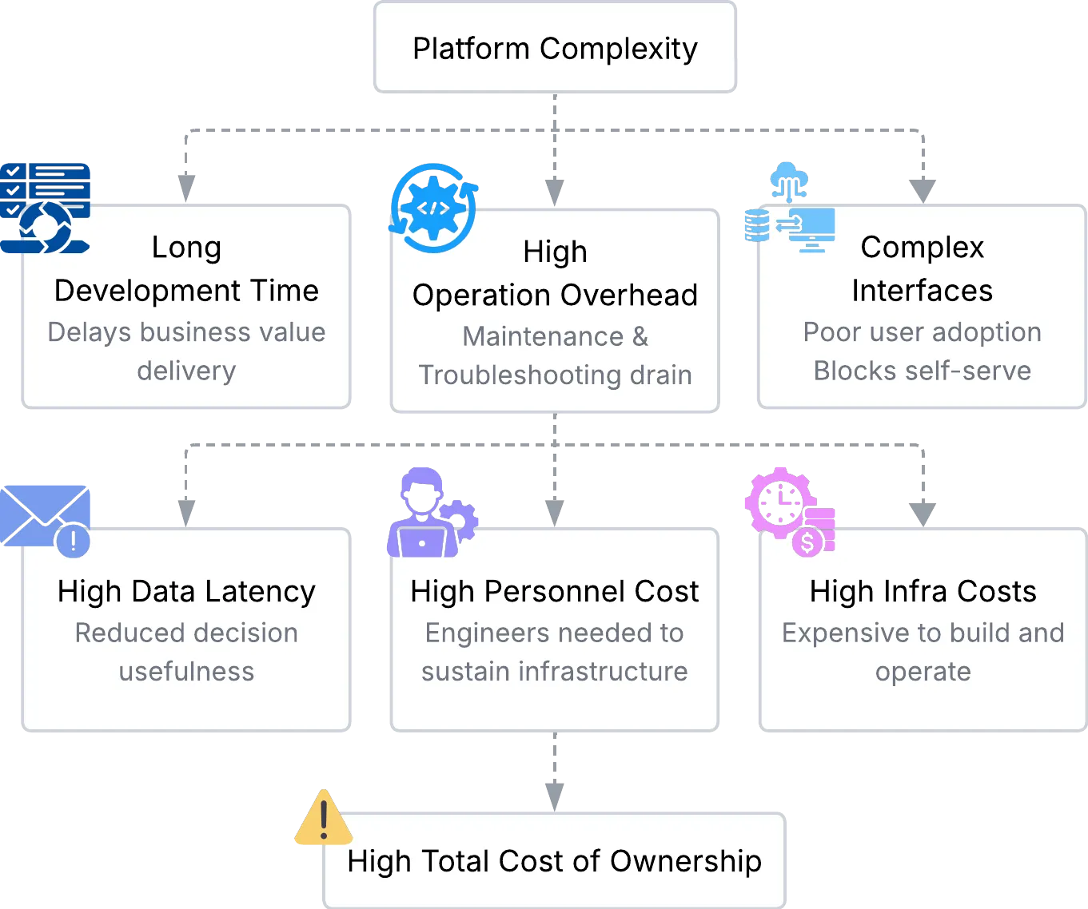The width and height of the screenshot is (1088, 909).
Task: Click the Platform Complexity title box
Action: (x=554, y=48)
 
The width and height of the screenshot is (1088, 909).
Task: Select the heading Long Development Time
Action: (x=186, y=269)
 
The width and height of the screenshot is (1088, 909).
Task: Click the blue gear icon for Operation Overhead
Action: (x=433, y=208)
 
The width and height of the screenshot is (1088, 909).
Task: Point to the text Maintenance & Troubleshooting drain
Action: (x=555, y=355)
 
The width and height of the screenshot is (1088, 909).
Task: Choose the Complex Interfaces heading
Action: (x=922, y=269)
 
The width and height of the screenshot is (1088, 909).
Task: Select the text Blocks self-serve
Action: (x=922, y=371)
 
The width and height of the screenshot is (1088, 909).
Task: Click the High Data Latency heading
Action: (x=186, y=591)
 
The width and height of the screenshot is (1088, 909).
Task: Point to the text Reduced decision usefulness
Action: (x=186, y=652)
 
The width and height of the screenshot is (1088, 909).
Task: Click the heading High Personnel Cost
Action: (x=554, y=591)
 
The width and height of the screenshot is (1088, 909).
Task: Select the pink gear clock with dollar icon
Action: (x=791, y=511)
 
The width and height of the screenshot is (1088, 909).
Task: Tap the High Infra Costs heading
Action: (x=923, y=591)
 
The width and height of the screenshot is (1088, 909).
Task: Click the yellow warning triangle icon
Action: (x=323, y=819)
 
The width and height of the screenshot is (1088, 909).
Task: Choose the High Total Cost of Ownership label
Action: (x=554, y=861)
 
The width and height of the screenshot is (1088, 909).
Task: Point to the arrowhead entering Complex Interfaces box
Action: (x=923, y=190)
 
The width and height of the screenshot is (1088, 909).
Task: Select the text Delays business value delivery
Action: (x=186, y=351)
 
